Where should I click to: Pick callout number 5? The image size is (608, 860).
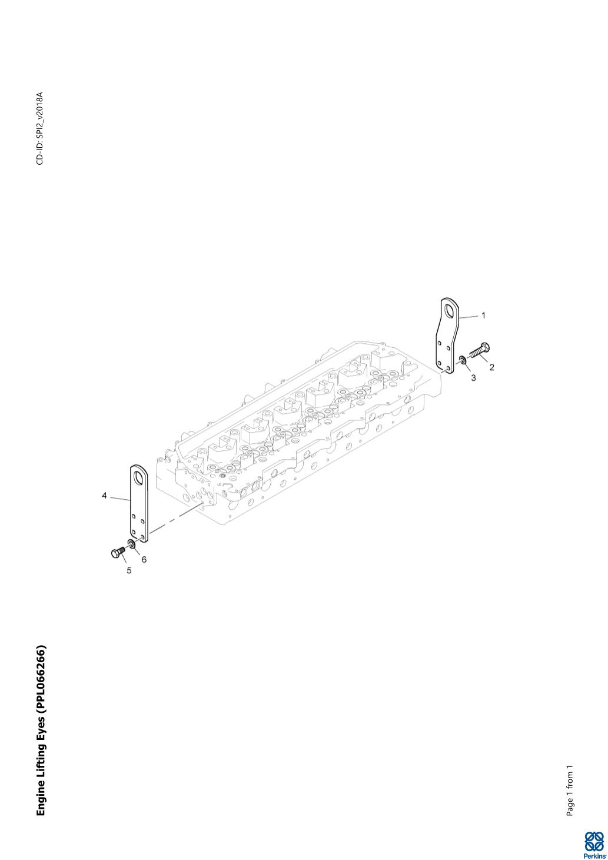tap(129, 570)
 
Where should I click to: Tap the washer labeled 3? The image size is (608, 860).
tap(463, 360)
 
